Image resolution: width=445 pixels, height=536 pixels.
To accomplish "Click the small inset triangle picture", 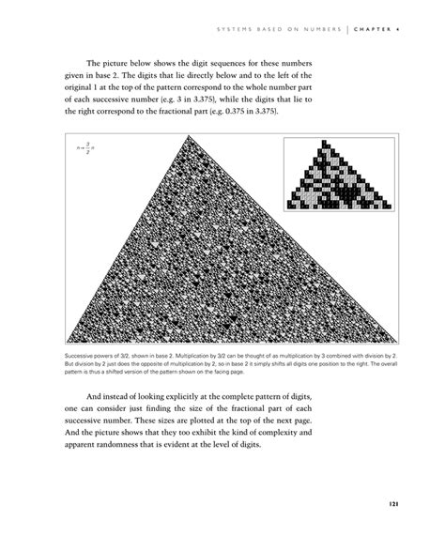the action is [339, 175].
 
